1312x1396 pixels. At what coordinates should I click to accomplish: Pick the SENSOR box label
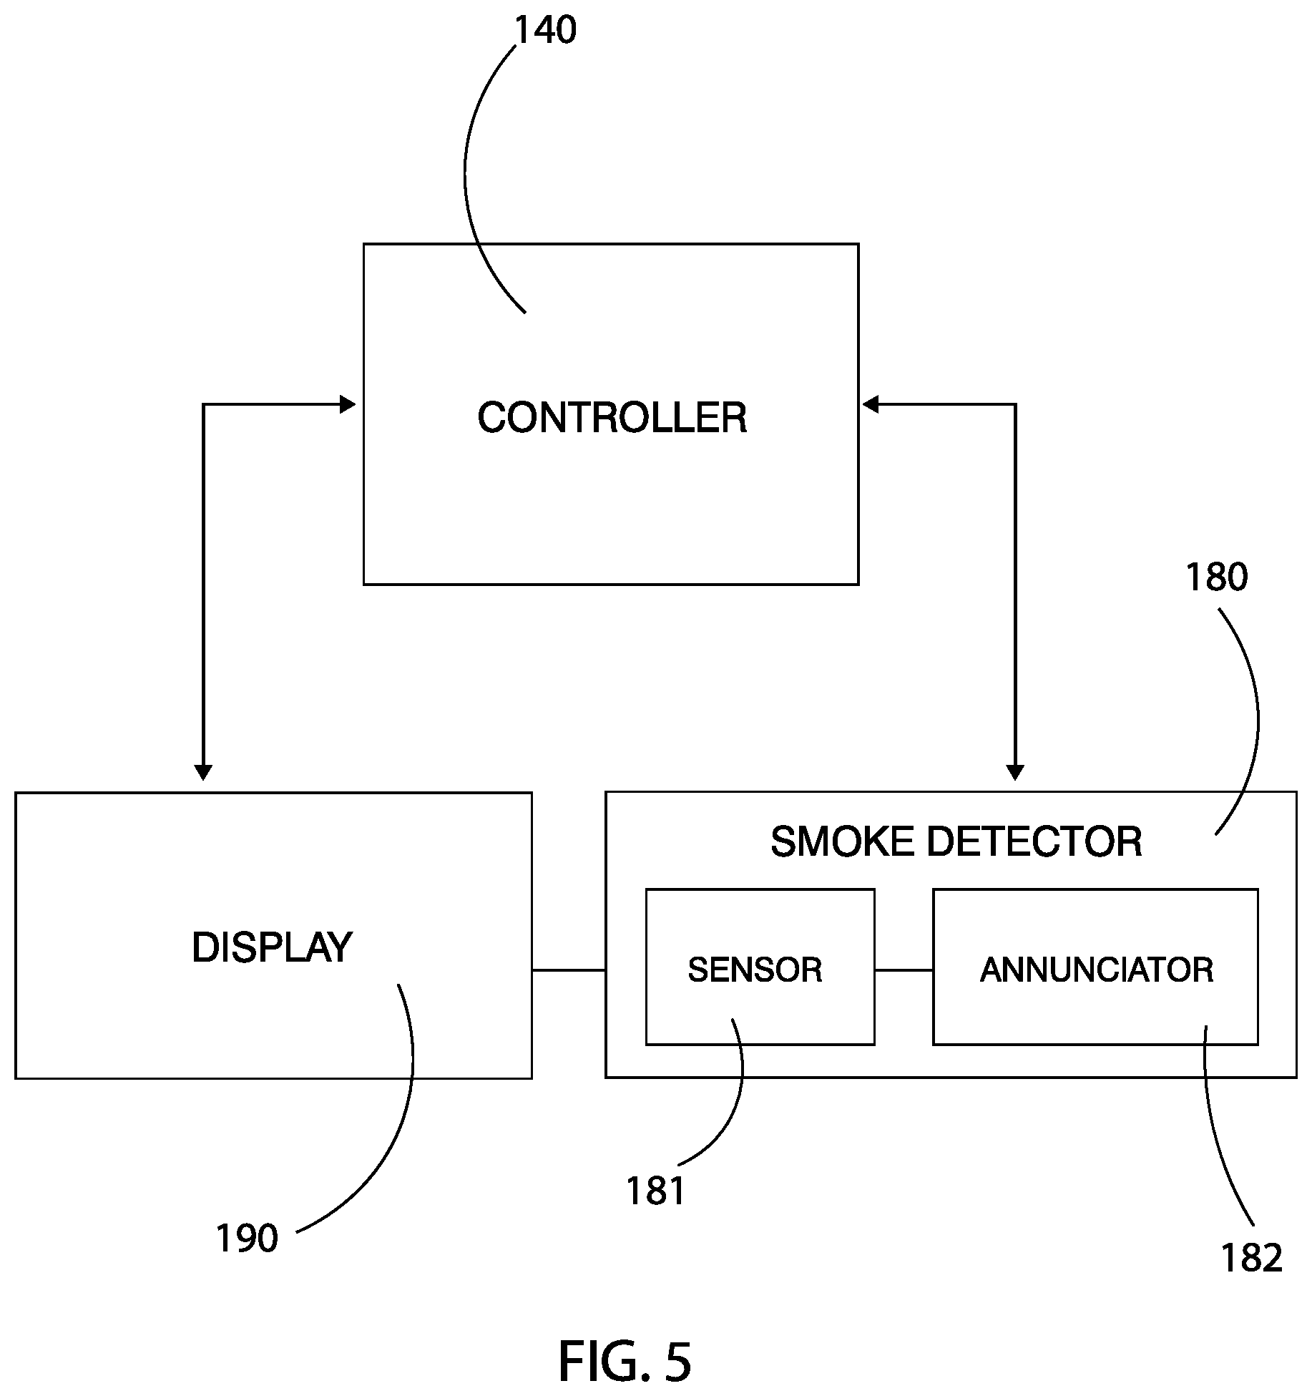point(755,970)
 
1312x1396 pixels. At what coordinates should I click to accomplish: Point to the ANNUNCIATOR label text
point(1097,970)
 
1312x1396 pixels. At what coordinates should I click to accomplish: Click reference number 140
point(545,31)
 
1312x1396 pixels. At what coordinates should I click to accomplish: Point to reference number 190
point(247,1238)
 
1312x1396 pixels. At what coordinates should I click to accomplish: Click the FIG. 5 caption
point(625,1361)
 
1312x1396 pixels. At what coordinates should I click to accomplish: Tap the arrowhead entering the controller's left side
point(348,405)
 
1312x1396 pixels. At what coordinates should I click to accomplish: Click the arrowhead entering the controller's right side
point(871,405)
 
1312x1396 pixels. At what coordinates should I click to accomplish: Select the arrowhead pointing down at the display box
point(203,772)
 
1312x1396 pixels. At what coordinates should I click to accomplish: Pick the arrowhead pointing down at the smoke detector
point(1015,772)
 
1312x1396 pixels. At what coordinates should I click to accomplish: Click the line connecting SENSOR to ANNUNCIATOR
point(904,970)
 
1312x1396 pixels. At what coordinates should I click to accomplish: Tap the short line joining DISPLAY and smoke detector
point(569,970)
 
